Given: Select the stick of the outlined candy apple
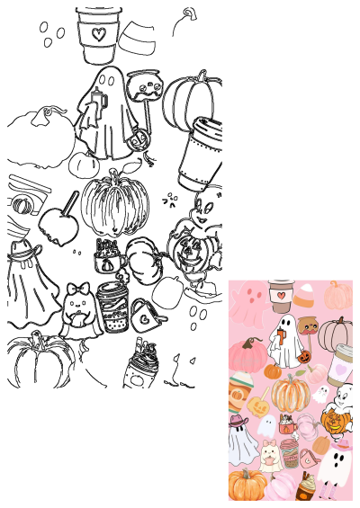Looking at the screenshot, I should click(69, 202).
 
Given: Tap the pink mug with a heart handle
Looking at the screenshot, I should click(308, 457).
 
